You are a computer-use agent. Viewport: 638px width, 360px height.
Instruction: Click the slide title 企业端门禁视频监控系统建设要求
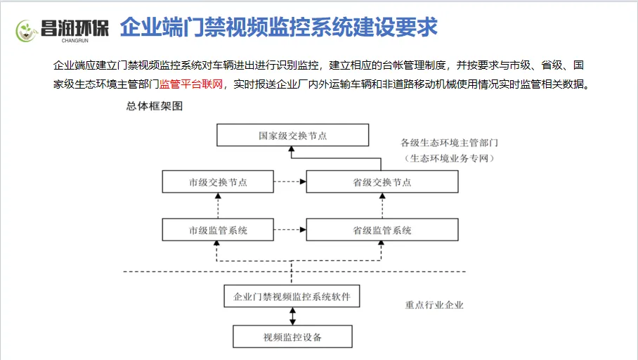[279, 27]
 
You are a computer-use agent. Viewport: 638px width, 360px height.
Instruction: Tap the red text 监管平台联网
[191, 85]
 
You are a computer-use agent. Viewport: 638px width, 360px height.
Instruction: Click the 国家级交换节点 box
[292, 135]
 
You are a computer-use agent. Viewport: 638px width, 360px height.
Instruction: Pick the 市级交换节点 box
[218, 181]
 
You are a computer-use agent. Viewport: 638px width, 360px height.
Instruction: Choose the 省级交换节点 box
[382, 181]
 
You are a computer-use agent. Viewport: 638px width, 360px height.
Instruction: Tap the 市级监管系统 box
[218, 230]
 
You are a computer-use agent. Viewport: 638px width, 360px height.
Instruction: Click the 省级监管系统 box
[382, 230]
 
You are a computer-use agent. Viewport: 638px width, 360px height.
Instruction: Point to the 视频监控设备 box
[292, 337]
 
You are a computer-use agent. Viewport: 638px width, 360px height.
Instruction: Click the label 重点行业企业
[434, 305]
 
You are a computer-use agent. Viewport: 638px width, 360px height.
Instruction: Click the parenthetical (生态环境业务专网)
[450, 159]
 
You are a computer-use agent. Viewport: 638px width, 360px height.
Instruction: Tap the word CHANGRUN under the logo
[74, 41]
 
